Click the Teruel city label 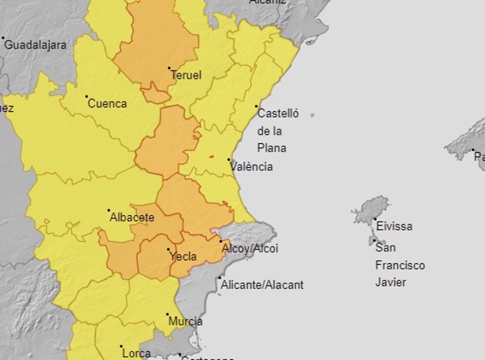pos(186,75)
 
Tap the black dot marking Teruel pos(169,68)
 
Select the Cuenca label pos(107,103)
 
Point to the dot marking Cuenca pos(86,97)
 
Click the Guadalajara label pos(36,44)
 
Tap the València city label pos(252,167)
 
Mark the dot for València pos(229,160)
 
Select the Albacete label pos(131,217)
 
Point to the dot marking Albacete pos(109,210)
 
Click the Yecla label pos(183,256)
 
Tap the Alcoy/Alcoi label pos(250,248)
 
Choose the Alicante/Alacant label pos(262,285)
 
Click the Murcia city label pos(186,321)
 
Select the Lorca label pos(136,353)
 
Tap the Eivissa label pos(394,226)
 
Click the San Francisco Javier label pos(399,264)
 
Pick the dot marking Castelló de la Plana pos(257,107)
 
